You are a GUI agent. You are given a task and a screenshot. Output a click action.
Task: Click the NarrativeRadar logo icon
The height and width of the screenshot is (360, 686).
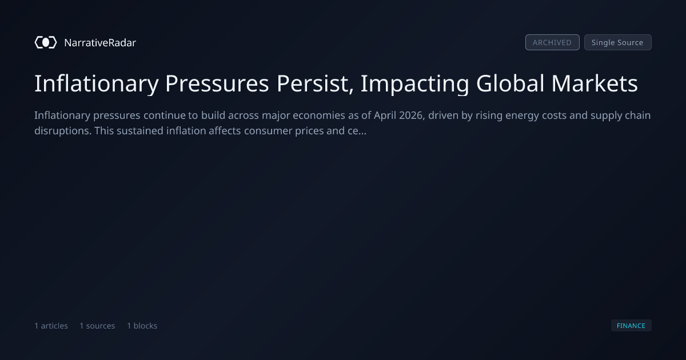point(46,42)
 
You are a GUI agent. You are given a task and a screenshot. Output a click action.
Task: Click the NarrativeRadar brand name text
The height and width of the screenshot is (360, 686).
point(100,43)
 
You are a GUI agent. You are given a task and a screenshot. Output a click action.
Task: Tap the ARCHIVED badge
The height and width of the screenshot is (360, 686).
point(552,42)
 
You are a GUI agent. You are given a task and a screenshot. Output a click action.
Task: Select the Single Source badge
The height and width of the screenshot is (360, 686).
point(618,42)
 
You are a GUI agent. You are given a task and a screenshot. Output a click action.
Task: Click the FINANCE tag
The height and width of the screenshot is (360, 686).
point(631,325)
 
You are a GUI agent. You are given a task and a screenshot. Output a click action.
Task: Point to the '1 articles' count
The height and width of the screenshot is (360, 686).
point(51,326)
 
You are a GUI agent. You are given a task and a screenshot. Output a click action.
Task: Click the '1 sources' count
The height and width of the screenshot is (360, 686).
point(97,326)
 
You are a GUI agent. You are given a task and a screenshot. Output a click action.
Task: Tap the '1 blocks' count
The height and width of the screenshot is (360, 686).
point(142,326)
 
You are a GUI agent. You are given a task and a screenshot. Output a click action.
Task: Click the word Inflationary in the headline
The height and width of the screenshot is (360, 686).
point(97,83)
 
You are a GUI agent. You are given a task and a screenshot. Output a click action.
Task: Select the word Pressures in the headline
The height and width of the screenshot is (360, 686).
point(217,83)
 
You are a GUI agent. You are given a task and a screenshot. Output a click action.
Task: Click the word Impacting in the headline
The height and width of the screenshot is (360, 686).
point(415,83)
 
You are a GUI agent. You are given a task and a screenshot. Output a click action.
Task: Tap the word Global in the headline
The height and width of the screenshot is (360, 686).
point(510,83)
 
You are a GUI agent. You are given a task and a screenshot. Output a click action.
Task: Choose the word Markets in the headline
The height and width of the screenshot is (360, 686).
point(595,83)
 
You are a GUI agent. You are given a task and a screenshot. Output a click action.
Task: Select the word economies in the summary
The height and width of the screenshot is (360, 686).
point(319,115)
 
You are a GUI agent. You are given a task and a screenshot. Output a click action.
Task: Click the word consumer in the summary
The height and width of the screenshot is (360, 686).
point(268,131)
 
